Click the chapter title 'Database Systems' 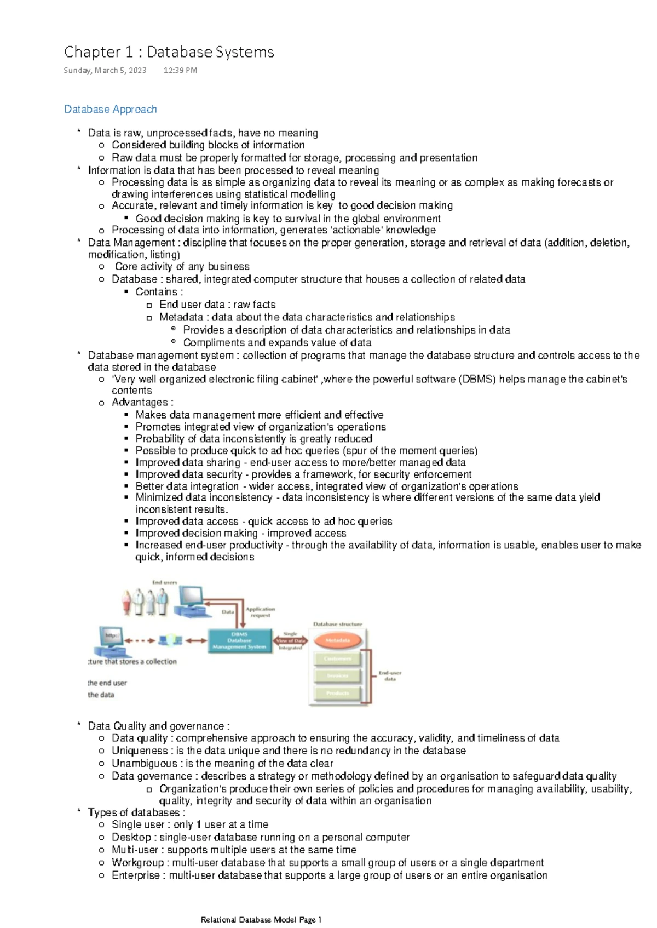210,52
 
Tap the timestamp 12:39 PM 180,70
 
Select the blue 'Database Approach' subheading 111,109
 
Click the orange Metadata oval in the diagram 338,640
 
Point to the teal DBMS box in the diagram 240,640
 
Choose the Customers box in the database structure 337,658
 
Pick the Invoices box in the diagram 337,675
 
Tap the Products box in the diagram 337,693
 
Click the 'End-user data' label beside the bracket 390,675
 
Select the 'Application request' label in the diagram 260,612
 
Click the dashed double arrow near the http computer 140,640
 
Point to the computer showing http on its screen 112,640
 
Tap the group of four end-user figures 145,602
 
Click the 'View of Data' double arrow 291,640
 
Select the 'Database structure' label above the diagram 337,624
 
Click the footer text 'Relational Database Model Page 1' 261,920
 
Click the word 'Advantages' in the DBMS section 140,402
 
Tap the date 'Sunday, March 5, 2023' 105,70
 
